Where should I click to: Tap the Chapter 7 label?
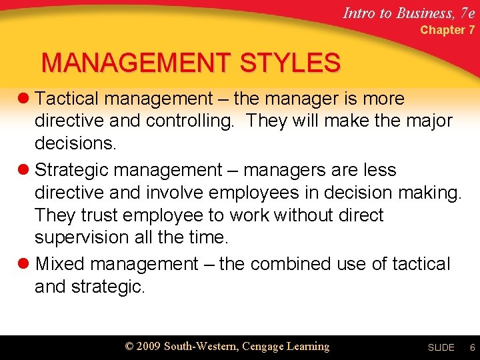pyautogui.click(x=447, y=30)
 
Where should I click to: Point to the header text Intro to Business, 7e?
pyautogui.click(x=409, y=12)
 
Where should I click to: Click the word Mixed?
pyautogui.click(x=60, y=264)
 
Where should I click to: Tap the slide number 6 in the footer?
pyautogui.click(x=472, y=348)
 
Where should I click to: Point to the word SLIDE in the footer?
pyautogui.click(x=441, y=348)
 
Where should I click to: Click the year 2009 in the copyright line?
pyautogui.click(x=148, y=347)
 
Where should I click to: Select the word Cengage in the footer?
pyautogui.click(x=265, y=347)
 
